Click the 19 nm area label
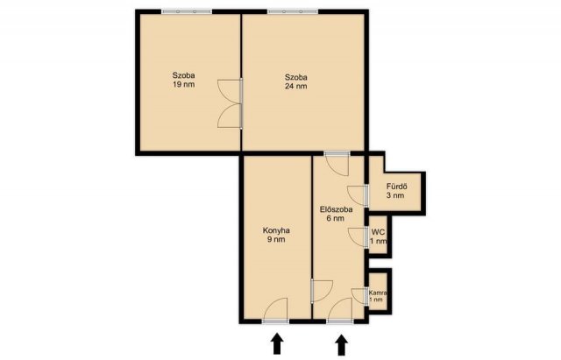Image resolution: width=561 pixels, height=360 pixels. pyautogui.click(x=183, y=85)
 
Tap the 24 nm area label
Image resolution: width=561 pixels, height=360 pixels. pyautogui.click(x=296, y=86)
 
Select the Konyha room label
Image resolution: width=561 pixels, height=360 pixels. pyautogui.click(x=276, y=230)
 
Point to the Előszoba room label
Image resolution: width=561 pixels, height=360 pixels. pyautogui.click(x=336, y=209)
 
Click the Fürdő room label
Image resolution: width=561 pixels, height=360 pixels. pyautogui.click(x=397, y=187)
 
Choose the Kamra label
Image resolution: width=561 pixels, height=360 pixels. pyautogui.click(x=378, y=292)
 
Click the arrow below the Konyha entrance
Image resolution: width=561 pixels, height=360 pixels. pyautogui.click(x=277, y=343)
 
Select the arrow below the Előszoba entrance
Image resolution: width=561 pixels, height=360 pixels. pyautogui.click(x=342, y=344)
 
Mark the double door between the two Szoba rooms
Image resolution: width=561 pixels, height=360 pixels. pyautogui.click(x=231, y=103)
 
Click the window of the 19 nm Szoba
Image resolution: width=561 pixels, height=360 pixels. pyautogui.click(x=187, y=11)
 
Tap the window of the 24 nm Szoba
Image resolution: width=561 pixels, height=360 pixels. pyautogui.click(x=293, y=11)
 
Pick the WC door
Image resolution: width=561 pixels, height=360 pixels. pyautogui.click(x=359, y=237)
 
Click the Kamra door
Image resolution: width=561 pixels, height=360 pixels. pyautogui.click(x=360, y=297)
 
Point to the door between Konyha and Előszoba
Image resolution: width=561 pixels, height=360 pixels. pyautogui.click(x=322, y=291)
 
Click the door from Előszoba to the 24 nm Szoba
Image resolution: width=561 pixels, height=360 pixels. pyautogui.click(x=337, y=164)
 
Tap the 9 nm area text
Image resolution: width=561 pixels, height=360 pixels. pyautogui.click(x=276, y=239)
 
